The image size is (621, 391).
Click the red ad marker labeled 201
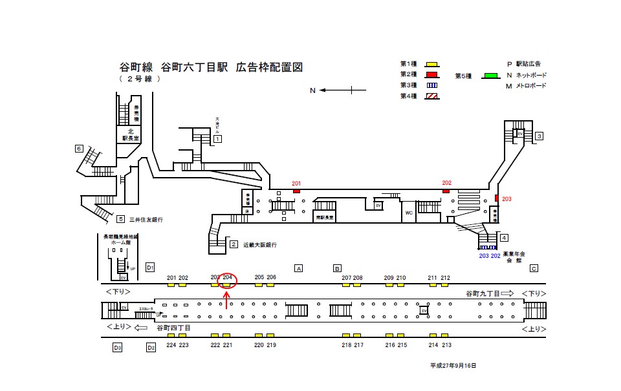(296, 191)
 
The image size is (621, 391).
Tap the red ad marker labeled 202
(446, 191)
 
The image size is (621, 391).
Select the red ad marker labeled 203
(497, 198)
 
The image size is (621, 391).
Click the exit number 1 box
(218, 139)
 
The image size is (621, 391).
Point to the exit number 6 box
(79, 149)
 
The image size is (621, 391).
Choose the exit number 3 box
(539, 136)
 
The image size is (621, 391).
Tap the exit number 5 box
(120, 219)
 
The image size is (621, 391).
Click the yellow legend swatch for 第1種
(431, 64)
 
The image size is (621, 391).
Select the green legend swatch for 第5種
(490, 76)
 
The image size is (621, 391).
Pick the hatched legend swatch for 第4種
(431, 96)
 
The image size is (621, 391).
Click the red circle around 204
(227, 280)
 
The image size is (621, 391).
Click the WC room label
(408, 212)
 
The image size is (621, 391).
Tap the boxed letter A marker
(299, 268)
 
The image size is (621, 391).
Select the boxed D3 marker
(117, 348)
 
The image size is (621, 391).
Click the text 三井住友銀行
(146, 220)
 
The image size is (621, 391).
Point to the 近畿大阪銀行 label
(260, 245)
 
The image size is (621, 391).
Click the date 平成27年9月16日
(453, 366)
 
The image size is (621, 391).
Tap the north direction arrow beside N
(337, 90)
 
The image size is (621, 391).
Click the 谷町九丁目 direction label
(481, 293)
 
